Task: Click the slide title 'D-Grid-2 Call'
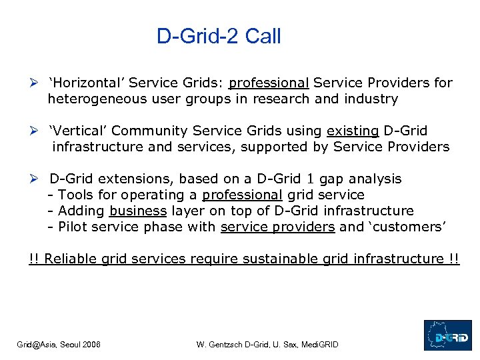pos(219,36)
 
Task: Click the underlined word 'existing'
pos(353,131)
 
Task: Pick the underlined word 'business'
pos(138,211)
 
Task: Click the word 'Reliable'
pos(73,259)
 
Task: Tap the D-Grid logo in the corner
pos(447,335)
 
